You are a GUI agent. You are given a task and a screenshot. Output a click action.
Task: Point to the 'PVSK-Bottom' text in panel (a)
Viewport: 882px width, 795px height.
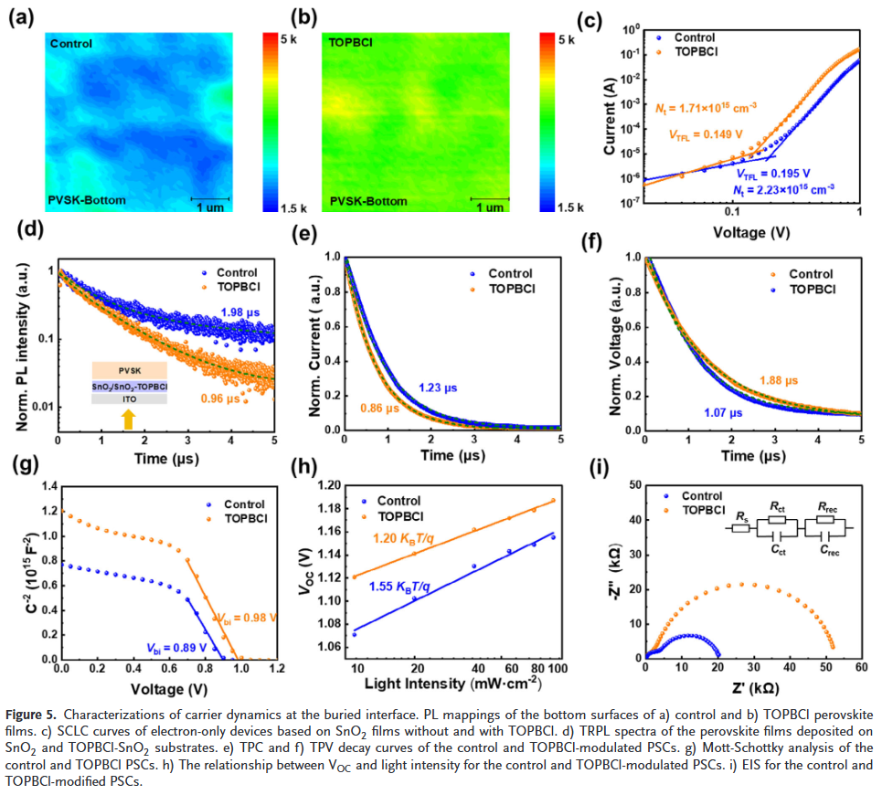[x=89, y=199]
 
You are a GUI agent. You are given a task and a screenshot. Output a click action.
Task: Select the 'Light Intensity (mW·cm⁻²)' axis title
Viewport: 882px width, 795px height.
[x=453, y=684]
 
